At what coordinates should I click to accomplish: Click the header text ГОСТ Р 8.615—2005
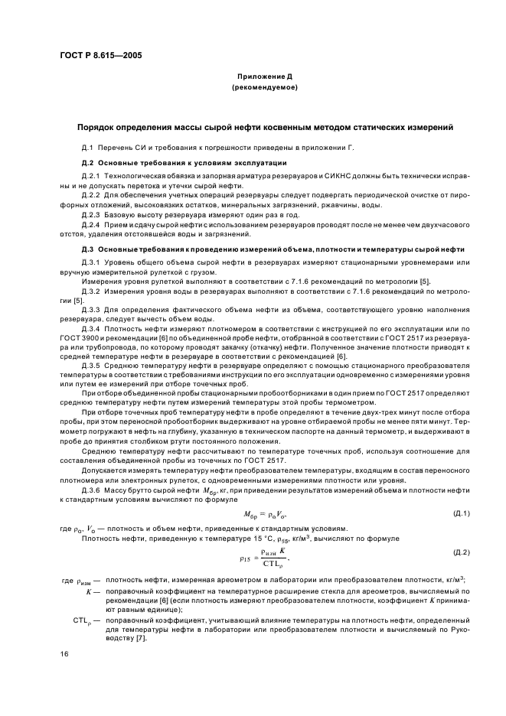(x=102, y=56)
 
